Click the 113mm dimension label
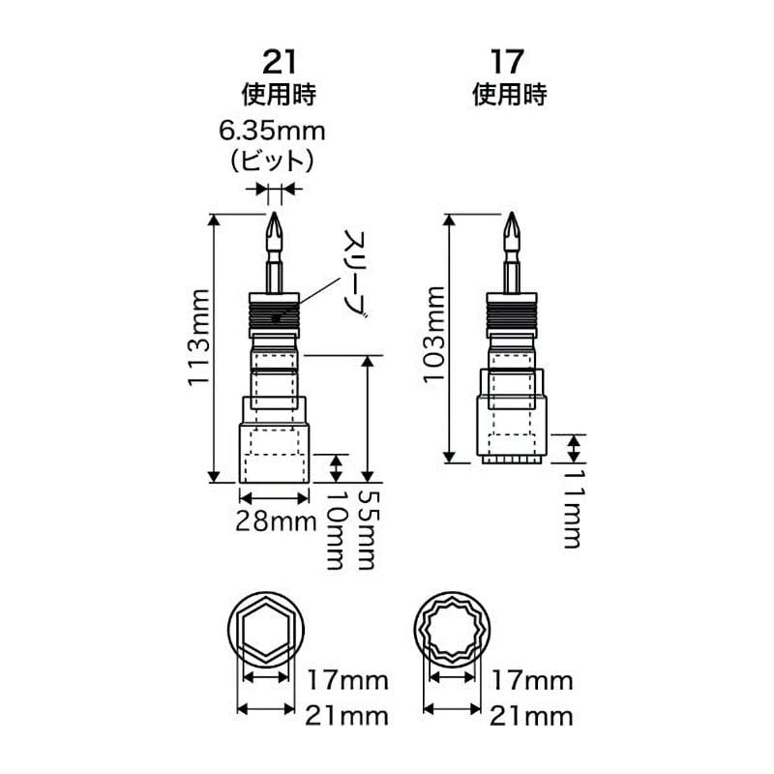tap(199, 337)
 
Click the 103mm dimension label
tap(434, 334)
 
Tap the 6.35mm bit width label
tap(272, 132)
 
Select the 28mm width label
tap(276, 521)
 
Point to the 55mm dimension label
tap(368, 529)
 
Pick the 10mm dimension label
tap(336, 529)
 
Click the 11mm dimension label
tap(573, 509)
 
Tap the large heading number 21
tap(280, 62)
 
